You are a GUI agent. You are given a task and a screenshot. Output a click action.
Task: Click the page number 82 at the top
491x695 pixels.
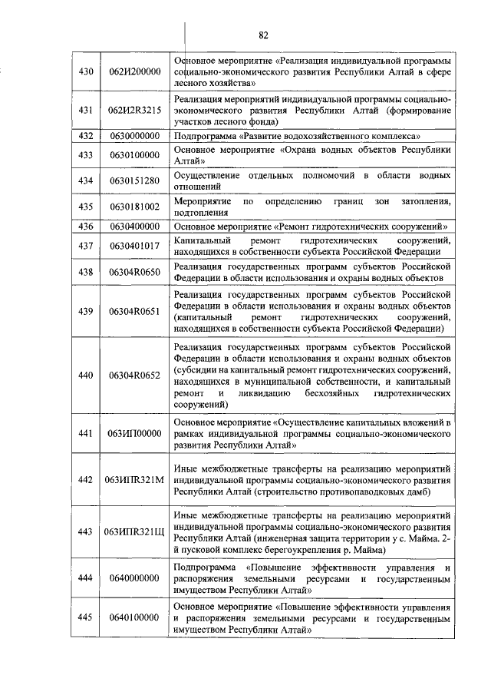point(263,35)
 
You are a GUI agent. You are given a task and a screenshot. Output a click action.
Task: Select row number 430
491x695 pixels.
point(86,71)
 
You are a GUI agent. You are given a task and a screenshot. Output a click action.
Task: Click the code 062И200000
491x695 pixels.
point(134,71)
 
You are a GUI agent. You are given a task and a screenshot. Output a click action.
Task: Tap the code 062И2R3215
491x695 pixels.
point(134,110)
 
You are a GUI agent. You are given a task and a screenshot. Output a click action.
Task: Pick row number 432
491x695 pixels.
point(86,136)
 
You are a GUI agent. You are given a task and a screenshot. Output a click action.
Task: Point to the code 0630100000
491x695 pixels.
point(134,155)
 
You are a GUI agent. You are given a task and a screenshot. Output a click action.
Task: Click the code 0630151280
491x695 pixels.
point(134,180)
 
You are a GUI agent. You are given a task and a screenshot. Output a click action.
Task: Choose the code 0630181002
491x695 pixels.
point(134,207)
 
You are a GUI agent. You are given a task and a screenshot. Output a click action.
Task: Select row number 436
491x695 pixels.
point(86,227)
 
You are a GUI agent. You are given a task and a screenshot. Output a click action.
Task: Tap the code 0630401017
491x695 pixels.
point(134,246)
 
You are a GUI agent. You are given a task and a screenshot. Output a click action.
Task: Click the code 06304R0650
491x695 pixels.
point(134,272)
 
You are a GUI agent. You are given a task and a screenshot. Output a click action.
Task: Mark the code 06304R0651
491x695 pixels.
point(134,311)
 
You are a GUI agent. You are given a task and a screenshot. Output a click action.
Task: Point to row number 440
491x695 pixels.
point(86,375)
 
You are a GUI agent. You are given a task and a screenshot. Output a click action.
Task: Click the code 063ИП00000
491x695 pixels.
point(134,433)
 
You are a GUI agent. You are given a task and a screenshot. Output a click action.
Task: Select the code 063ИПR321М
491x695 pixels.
point(134,479)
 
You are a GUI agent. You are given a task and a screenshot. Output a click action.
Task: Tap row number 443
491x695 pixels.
point(86,531)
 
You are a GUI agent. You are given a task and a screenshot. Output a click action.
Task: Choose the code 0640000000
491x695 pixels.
point(134,578)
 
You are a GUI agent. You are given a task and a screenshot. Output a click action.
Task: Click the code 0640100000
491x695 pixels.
point(134,617)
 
